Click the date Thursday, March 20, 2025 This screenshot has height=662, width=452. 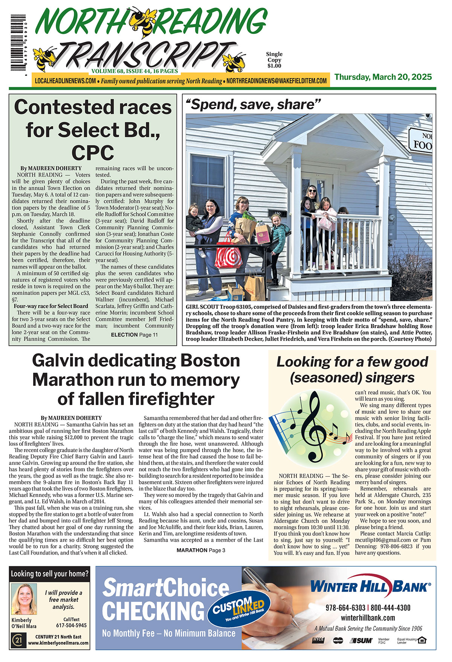pos(383,77)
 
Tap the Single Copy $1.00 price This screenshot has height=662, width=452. pos(274,60)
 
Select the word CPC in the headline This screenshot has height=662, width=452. pos(93,153)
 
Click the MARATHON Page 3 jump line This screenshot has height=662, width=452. pos(201,550)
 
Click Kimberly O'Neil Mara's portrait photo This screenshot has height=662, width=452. pos(24,599)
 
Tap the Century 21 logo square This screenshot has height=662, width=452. pos(18,640)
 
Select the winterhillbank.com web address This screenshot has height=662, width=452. pos(368,618)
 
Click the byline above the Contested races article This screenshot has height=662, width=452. pos(51,168)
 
